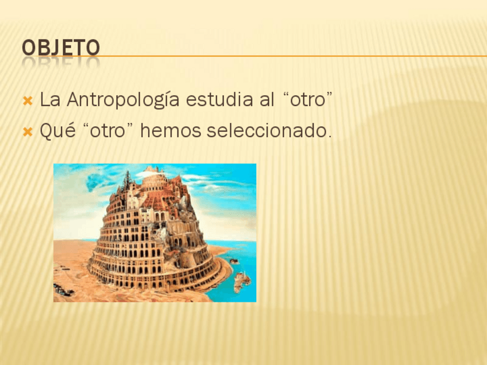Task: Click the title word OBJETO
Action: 61,48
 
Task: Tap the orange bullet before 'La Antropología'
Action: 28,101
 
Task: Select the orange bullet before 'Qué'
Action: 28,132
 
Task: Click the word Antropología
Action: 123,100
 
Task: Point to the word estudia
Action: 219,100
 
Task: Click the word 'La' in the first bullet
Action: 50,100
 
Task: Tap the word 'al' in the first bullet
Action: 266,99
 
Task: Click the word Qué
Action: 58,130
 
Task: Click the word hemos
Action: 171,131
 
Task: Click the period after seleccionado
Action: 330,136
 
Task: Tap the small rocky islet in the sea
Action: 242,281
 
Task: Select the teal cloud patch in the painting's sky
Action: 93,181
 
